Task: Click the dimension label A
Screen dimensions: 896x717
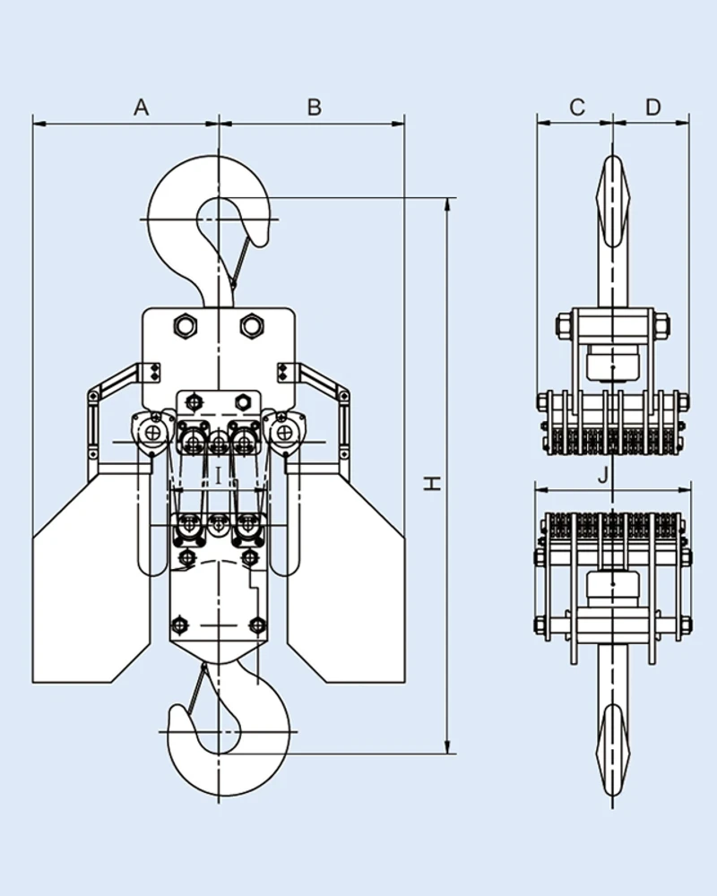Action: tap(141, 108)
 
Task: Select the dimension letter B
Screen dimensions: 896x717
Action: tap(314, 108)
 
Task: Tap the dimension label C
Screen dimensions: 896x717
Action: tap(577, 108)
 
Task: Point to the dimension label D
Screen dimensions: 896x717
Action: tap(652, 108)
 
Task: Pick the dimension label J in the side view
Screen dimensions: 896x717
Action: tap(606, 475)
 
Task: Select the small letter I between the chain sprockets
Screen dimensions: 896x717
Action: tap(218, 475)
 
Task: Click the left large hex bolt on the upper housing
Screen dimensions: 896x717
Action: tap(186, 325)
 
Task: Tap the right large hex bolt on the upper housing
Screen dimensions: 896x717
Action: tap(251, 325)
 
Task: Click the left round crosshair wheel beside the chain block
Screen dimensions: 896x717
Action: tap(155, 434)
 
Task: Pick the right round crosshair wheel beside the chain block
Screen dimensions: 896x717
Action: tap(284, 434)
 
